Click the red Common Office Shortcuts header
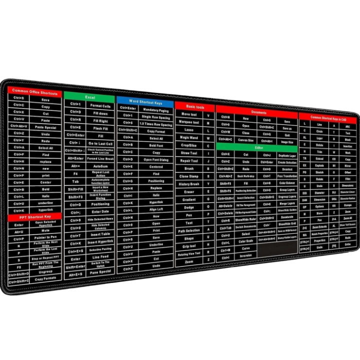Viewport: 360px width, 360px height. tap(34, 93)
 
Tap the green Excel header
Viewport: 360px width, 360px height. tap(89, 97)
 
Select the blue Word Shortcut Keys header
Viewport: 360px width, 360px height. tap(145, 102)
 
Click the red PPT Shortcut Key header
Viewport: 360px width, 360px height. tap(34, 216)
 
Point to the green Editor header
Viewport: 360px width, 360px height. tap(258, 148)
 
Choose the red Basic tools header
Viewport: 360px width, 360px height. tap(195, 107)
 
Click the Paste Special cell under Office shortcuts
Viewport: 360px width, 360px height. tap(45, 127)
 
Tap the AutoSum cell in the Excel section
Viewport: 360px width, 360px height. tap(100, 166)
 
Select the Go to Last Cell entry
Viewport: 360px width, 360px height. tap(100, 143)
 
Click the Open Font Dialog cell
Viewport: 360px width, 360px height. tap(156, 160)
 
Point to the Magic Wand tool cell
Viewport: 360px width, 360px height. tap(189, 137)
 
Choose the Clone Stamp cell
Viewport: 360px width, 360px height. tap(189, 176)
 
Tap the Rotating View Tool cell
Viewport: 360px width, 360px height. tap(189, 253)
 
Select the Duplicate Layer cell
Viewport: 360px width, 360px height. tap(286, 155)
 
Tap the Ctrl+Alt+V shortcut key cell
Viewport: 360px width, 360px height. tap(19, 127)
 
